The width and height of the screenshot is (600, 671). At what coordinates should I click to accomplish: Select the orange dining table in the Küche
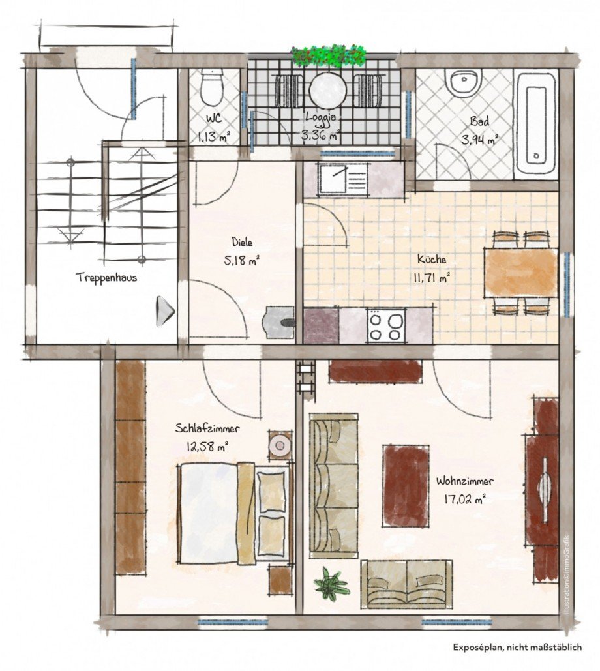tap(520, 273)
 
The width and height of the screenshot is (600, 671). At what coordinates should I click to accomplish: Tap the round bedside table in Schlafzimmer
tap(280, 445)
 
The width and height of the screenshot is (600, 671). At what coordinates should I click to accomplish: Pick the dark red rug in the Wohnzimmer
tap(406, 485)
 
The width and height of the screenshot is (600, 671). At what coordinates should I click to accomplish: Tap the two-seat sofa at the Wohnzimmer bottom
tap(406, 584)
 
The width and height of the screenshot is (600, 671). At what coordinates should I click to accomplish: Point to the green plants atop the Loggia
tap(329, 55)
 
